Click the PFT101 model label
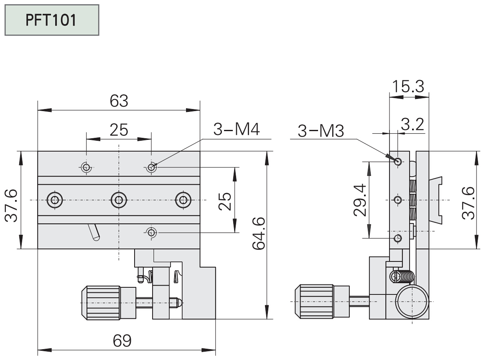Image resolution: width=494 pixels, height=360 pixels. pos(51,20)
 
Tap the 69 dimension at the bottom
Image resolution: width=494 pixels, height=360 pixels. pos(122,341)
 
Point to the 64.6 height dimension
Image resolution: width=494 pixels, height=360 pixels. pos(260,233)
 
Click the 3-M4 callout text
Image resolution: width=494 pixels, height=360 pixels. pos(236,130)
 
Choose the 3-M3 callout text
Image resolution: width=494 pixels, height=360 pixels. pos(321,131)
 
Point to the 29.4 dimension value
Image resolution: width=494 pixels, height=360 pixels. pos(360,200)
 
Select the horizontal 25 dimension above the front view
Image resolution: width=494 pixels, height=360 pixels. pos(119,130)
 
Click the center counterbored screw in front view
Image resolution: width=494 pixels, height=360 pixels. pos(119,200)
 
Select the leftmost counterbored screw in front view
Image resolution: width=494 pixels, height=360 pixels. pos(55,200)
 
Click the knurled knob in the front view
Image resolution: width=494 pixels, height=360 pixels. pos(102,301)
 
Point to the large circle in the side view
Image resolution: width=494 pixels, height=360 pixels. pos(413,302)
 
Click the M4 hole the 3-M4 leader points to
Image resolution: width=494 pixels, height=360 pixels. pos(151,168)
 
